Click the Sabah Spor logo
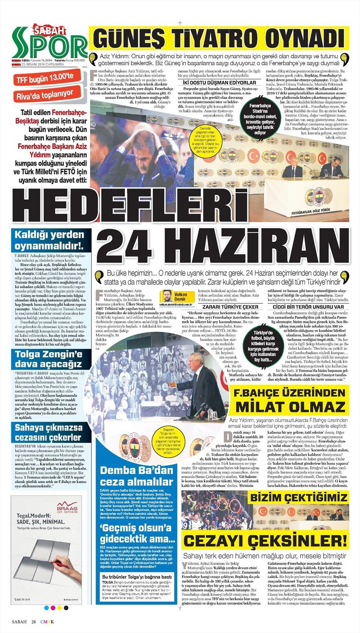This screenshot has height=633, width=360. point(49,43)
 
